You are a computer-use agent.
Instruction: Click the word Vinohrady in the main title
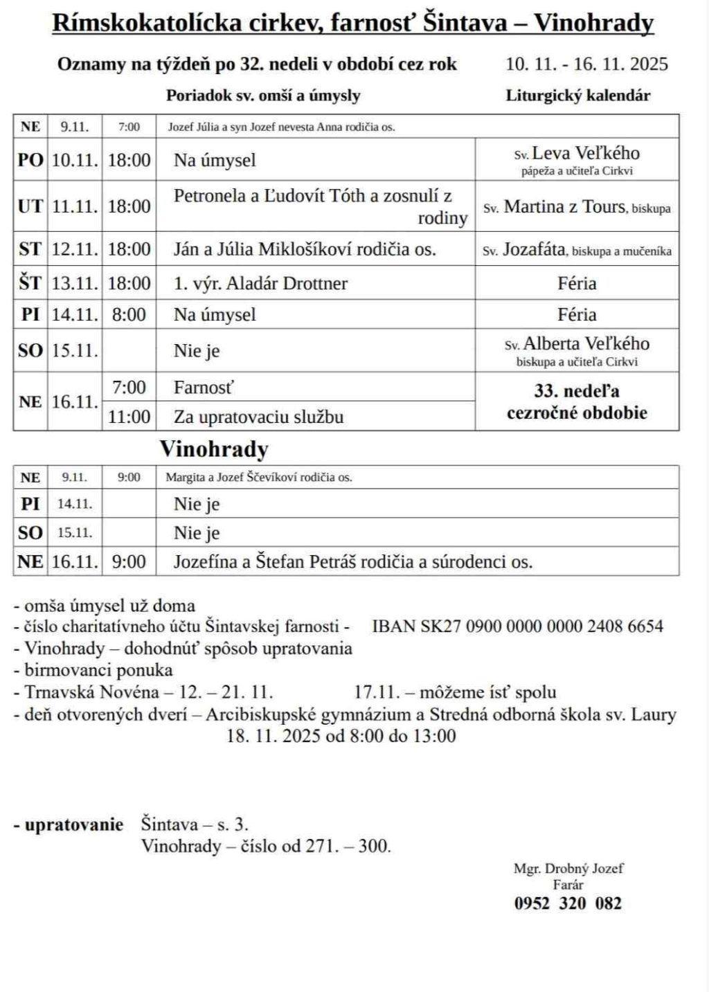point(594,24)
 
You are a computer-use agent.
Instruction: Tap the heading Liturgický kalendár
point(577,96)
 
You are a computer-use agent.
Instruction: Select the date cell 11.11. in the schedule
point(75,206)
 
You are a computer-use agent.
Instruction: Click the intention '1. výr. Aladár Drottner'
point(260,283)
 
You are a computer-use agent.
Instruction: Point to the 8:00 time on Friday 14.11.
point(129,314)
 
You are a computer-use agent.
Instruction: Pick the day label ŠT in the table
point(30,283)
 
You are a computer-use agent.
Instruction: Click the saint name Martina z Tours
point(564,206)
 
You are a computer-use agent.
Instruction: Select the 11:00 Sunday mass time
point(129,416)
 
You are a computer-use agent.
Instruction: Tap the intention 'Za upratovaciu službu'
point(258,417)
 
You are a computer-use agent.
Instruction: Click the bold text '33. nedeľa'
point(577,391)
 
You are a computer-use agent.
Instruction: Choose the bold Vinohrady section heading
point(214,449)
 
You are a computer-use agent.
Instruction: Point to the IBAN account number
point(517,626)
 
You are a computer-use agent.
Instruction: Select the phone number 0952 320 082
point(568,903)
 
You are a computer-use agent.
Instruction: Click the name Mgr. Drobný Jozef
point(568,868)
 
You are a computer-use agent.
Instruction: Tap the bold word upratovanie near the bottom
point(73,824)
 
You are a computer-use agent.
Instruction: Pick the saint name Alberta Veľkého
point(586,344)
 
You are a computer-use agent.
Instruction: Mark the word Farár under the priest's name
point(568,885)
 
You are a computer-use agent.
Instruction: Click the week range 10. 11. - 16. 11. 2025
point(586,64)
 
